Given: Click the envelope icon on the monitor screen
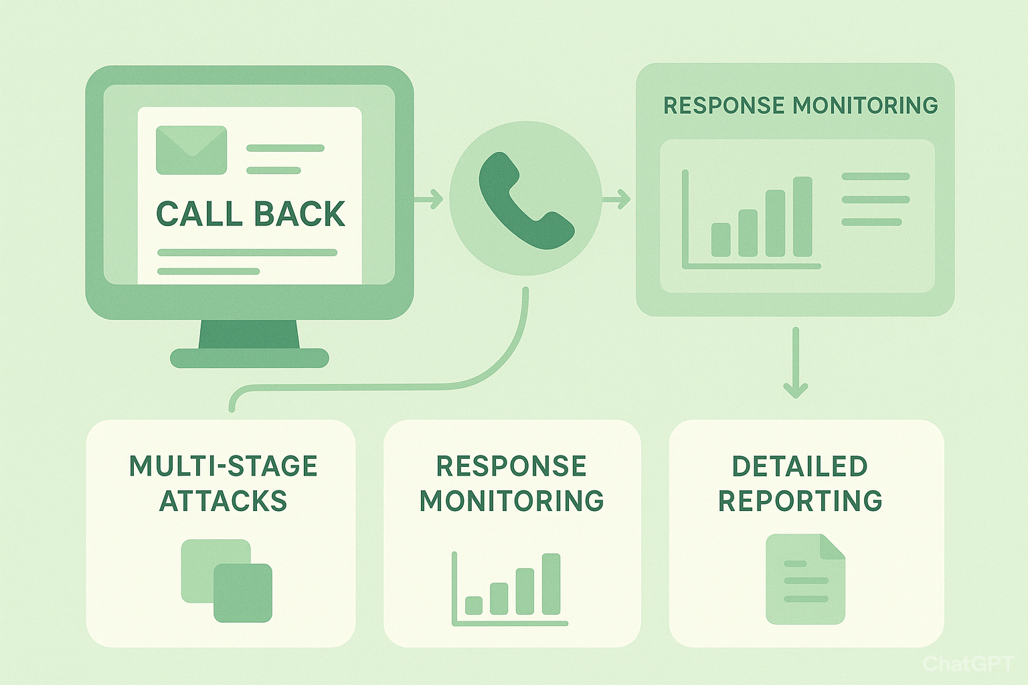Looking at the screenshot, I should [191, 150].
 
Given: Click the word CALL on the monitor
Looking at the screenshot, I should [199, 214].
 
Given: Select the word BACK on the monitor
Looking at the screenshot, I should [300, 214].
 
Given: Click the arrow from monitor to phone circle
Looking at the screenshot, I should [428, 198].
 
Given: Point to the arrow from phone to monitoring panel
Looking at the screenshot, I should [616, 198].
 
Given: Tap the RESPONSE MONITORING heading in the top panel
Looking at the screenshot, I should [800, 106].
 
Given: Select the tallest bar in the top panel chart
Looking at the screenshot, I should [802, 217].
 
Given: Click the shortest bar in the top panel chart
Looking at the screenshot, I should [721, 239].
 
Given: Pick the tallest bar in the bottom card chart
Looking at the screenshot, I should [551, 584].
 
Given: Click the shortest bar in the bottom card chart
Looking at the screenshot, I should [474, 605].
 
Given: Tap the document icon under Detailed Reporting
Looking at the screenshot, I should [805, 579].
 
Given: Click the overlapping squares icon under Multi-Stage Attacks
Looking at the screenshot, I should [227, 581].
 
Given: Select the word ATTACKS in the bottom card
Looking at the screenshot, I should [223, 501].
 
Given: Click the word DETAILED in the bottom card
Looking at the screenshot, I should [800, 466].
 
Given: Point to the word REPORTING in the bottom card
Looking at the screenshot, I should [800, 501].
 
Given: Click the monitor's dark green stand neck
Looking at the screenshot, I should [249, 334].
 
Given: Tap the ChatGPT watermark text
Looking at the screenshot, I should [968, 664].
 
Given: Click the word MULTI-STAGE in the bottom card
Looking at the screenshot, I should [223, 466].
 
